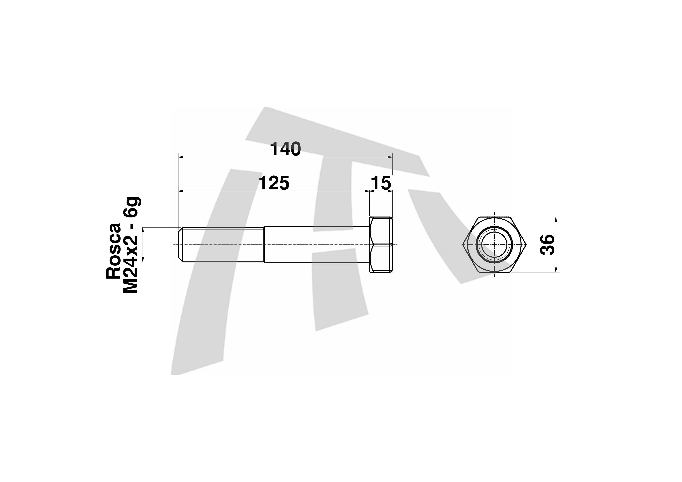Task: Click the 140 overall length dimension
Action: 285,149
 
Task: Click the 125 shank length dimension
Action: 274,183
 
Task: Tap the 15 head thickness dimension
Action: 381,183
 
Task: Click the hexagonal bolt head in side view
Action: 381,245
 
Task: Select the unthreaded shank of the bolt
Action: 317,245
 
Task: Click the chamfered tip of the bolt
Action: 180,245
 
